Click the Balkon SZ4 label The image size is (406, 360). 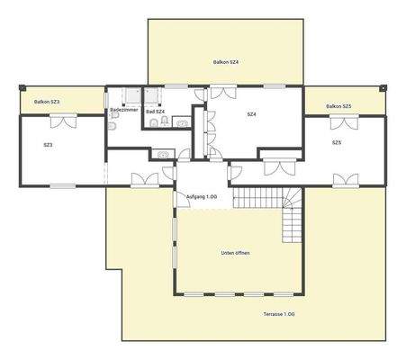225,61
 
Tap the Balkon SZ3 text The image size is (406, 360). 47,103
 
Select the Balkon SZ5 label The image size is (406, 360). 339,106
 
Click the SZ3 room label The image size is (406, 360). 48,144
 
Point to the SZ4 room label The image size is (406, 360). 252,114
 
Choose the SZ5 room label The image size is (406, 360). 336,142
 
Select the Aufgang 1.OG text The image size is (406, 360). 201,195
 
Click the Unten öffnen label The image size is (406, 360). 236,253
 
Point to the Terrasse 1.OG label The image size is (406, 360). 279,313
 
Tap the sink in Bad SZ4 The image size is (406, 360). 181,121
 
